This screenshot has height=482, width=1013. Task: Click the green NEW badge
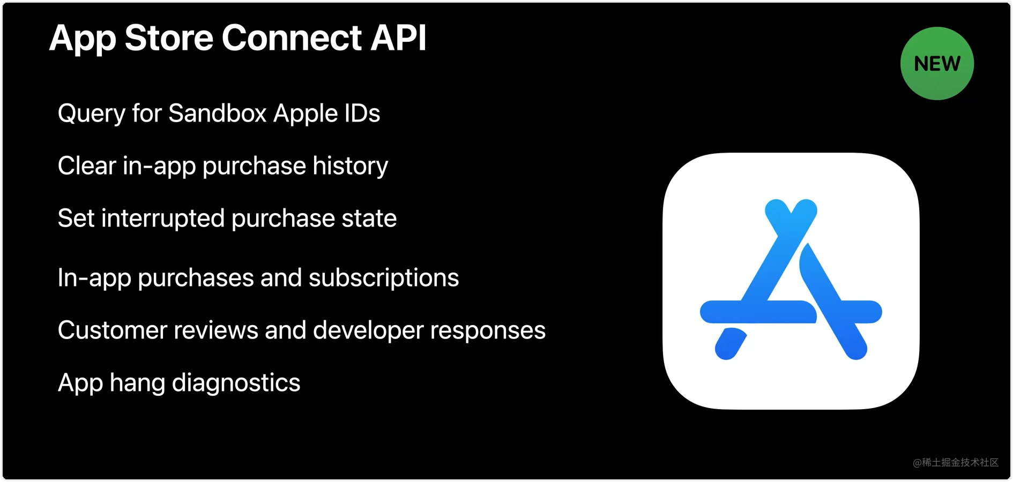click(937, 63)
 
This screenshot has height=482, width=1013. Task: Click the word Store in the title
click(169, 38)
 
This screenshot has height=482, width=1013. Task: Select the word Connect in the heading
click(292, 38)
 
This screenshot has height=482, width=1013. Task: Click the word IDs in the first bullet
click(362, 114)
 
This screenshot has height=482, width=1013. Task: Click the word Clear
click(87, 166)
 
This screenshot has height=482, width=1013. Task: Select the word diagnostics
click(236, 383)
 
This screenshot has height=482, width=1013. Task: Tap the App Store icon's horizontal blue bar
click(761, 312)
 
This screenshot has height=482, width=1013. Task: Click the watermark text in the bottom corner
click(956, 462)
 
